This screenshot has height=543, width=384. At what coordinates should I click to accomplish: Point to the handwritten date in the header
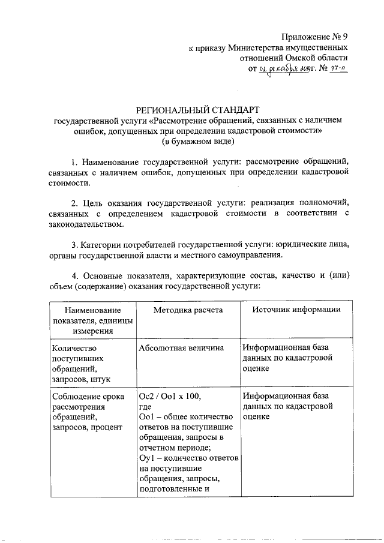point(282,70)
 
